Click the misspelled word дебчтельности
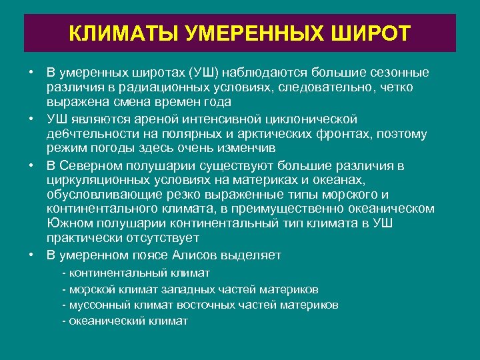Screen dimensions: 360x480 coord(89,134)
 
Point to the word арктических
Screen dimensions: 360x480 coord(275,134)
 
